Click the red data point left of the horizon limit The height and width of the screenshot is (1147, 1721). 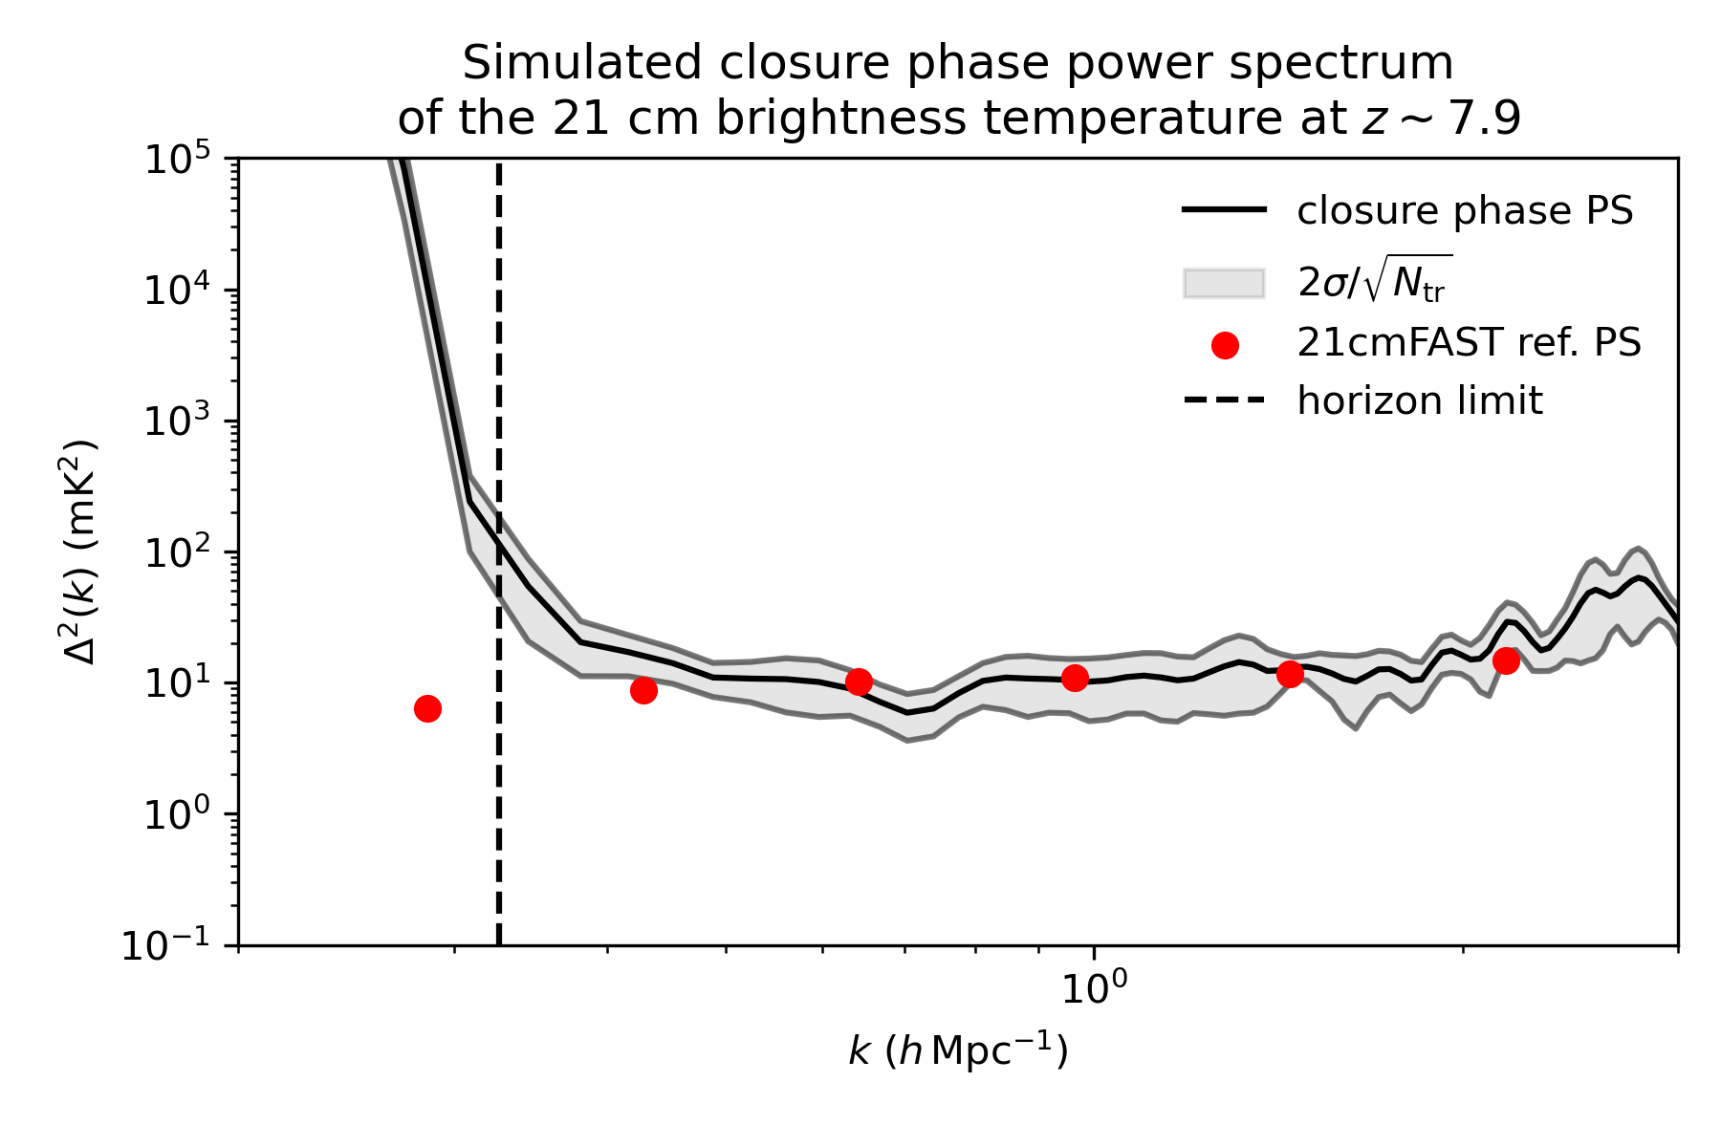(x=427, y=708)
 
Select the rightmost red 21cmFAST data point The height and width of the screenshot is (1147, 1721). (x=1506, y=660)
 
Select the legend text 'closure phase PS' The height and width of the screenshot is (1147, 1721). (x=1465, y=211)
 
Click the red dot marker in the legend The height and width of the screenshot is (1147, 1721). (x=1225, y=346)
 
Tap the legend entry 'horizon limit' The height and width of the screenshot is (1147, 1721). (x=1419, y=400)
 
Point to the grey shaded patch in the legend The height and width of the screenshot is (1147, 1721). (x=1224, y=284)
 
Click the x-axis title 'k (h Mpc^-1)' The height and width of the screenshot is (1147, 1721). (x=957, y=1051)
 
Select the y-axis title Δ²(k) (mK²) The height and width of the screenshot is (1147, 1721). (x=82, y=552)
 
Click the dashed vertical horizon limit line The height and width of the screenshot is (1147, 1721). (x=499, y=765)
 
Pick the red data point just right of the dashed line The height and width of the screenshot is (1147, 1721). (x=643, y=690)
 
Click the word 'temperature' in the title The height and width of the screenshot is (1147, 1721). (x=1133, y=119)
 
